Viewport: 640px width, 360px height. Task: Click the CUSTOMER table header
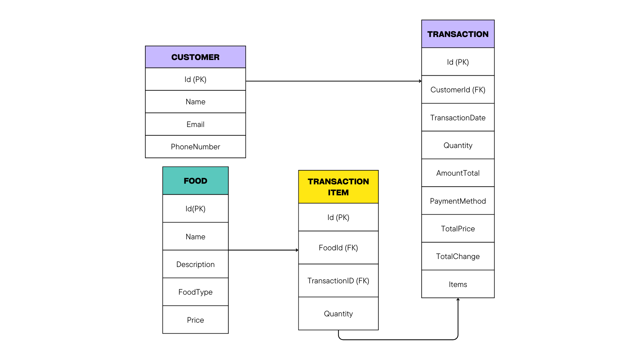(195, 57)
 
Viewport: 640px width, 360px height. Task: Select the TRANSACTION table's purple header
(458, 34)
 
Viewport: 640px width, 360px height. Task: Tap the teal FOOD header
(195, 181)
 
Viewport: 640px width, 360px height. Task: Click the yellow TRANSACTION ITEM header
(338, 187)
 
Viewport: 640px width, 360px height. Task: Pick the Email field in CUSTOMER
(195, 124)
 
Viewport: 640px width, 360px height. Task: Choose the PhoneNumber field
(195, 147)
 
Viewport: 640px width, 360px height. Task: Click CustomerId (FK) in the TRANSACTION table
(458, 90)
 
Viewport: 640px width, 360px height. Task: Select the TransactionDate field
(458, 118)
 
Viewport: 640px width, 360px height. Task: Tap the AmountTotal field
(458, 173)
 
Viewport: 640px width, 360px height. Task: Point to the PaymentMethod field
(458, 201)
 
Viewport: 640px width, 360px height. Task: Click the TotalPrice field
(458, 229)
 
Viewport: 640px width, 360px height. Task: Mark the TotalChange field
(458, 256)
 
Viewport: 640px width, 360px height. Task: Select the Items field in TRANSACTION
(458, 284)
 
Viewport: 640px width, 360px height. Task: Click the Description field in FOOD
(195, 264)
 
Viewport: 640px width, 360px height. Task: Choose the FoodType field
(195, 292)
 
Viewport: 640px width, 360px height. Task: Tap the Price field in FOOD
(195, 320)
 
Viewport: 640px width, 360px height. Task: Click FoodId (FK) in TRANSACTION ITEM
(338, 248)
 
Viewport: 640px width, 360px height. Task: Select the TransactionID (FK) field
(338, 281)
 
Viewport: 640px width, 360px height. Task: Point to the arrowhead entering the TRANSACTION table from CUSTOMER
(421, 81)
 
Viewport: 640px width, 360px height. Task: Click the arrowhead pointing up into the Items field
(458, 299)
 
